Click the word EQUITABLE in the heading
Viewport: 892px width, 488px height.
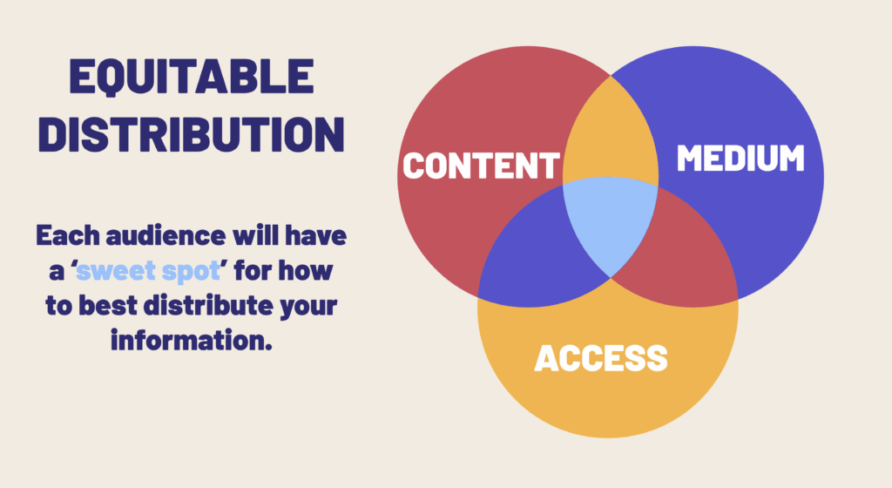191,81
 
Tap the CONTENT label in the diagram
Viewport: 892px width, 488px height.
481,166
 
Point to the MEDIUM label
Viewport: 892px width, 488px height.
740,159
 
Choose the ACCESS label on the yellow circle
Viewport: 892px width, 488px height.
601,357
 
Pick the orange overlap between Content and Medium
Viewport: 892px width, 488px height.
610,139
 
